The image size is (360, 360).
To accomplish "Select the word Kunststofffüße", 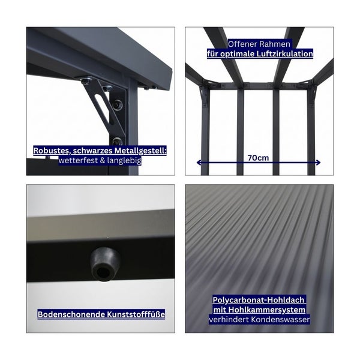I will [133, 314].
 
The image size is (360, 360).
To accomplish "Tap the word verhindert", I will [229, 320].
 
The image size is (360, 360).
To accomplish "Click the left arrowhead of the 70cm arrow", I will [199, 163].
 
